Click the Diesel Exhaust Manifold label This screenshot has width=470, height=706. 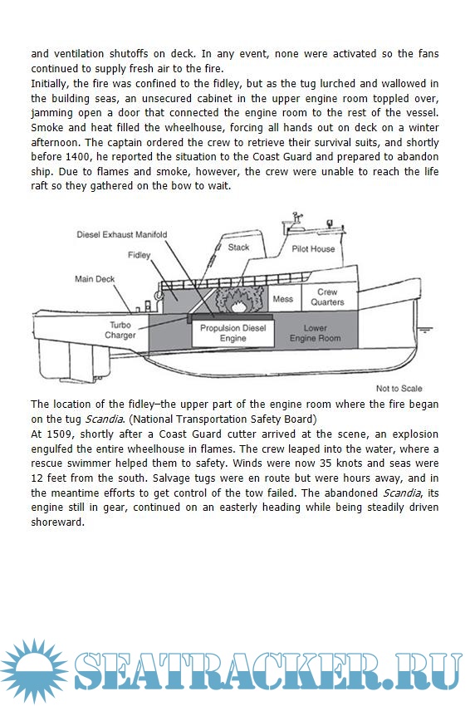pyautogui.click(x=121, y=234)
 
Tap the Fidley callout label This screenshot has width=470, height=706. pyautogui.click(x=139, y=255)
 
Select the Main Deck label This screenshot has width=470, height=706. pyautogui.click(x=95, y=279)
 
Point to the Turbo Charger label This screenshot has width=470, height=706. pyautogui.click(x=120, y=330)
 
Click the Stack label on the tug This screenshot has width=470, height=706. pyautogui.click(x=238, y=248)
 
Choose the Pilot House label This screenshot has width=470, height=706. pyautogui.click(x=313, y=248)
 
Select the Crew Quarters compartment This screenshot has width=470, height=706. pyautogui.click(x=329, y=297)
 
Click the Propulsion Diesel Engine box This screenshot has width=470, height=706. pyautogui.click(x=233, y=334)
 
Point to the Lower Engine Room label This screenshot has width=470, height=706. pyautogui.click(x=316, y=333)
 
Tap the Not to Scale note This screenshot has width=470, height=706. pyautogui.click(x=399, y=388)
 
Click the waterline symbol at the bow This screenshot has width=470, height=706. pyautogui.click(x=425, y=329)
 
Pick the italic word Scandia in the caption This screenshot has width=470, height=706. pyautogui.click(x=104, y=419)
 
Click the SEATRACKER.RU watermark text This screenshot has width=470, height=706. pyautogui.click(x=268, y=671)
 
